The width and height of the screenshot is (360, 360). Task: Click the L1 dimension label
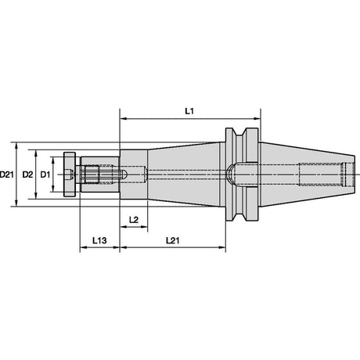(x=189, y=111)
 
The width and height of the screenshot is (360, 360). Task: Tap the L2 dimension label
(x=134, y=220)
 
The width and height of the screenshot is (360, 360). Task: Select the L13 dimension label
(x=99, y=240)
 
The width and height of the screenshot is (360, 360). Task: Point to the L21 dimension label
(x=173, y=240)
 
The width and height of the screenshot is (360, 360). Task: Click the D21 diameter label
(x=7, y=175)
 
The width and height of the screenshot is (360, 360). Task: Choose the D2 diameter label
(x=27, y=175)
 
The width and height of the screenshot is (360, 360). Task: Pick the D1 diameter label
(x=45, y=175)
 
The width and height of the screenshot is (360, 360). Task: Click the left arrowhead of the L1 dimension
(x=123, y=119)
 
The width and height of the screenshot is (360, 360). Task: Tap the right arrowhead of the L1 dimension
(x=257, y=119)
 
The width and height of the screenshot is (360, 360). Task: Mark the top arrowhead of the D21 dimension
(x=16, y=146)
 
